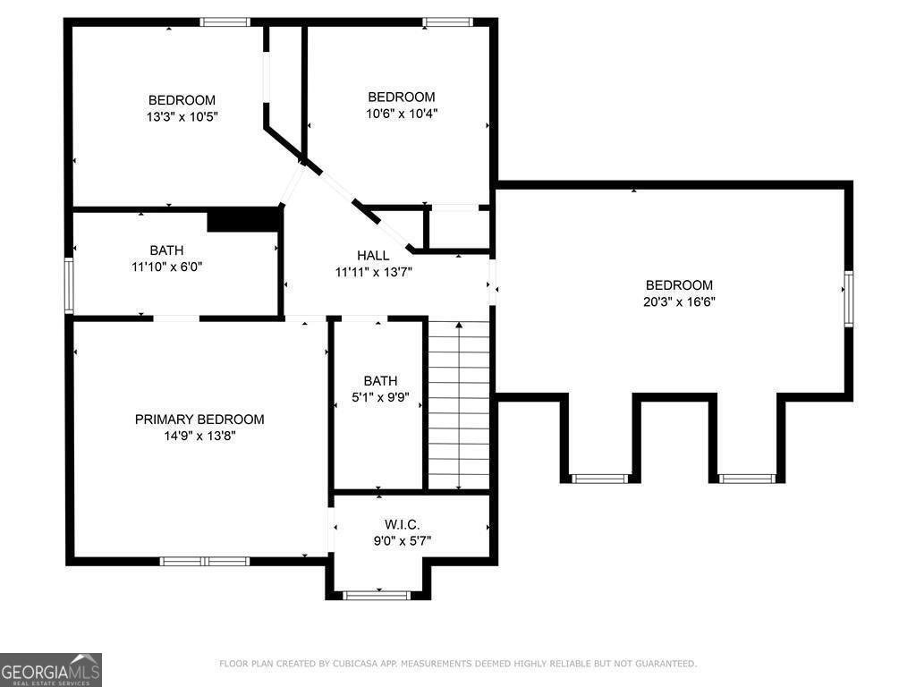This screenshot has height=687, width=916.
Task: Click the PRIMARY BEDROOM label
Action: [x=199, y=420]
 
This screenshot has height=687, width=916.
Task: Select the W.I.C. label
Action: [x=402, y=524]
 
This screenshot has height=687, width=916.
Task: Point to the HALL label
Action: [x=373, y=256]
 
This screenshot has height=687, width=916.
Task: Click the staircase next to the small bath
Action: [x=458, y=404]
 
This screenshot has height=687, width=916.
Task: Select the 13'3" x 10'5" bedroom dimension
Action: [x=182, y=116]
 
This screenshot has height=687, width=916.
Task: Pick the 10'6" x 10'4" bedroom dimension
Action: [x=402, y=114]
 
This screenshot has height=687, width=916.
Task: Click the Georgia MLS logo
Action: [x=51, y=670]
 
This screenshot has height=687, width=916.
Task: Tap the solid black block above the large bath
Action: [x=243, y=220]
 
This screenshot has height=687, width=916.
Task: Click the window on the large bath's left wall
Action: [x=68, y=285]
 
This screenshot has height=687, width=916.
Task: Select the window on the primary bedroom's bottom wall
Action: [x=204, y=561]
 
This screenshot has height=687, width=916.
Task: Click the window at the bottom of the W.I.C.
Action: [x=377, y=594]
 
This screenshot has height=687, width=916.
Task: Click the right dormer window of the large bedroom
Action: [x=747, y=479]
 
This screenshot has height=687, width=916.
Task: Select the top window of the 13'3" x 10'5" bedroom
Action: [x=225, y=22]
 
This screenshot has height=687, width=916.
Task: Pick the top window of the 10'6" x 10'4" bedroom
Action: [x=447, y=22]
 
